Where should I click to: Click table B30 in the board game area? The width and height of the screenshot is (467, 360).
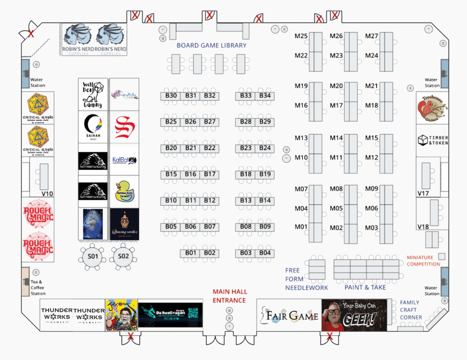(x=171, y=96)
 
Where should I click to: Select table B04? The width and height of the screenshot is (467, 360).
(x=265, y=253)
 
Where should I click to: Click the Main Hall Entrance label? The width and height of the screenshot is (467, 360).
(x=230, y=296)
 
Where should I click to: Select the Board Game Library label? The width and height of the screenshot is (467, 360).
(x=212, y=46)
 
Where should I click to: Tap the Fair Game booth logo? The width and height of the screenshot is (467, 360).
(x=289, y=315)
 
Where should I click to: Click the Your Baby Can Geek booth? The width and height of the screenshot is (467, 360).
(x=354, y=315)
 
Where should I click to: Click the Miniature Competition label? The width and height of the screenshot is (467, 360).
(x=423, y=261)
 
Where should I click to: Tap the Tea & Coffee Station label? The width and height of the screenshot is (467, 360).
(x=38, y=288)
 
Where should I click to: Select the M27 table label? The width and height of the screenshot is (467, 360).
(x=372, y=36)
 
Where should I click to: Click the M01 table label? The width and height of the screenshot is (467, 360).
(x=301, y=227)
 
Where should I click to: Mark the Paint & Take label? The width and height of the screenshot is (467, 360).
(x=365, y=287)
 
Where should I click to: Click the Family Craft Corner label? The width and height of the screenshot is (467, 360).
(x=410, y=310)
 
